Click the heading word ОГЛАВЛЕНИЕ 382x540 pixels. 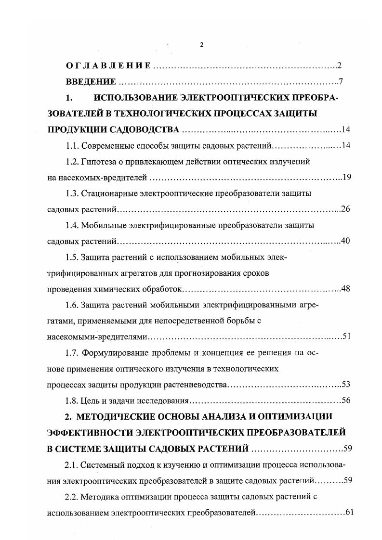click(108, 65)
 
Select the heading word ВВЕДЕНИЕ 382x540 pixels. click(91, 81)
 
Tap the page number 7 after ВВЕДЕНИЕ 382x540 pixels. click(340, 81)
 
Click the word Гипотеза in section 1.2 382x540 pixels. click(100, 162)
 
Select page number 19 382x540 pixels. click(347, 178)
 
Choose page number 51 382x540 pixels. click(347, 336)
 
